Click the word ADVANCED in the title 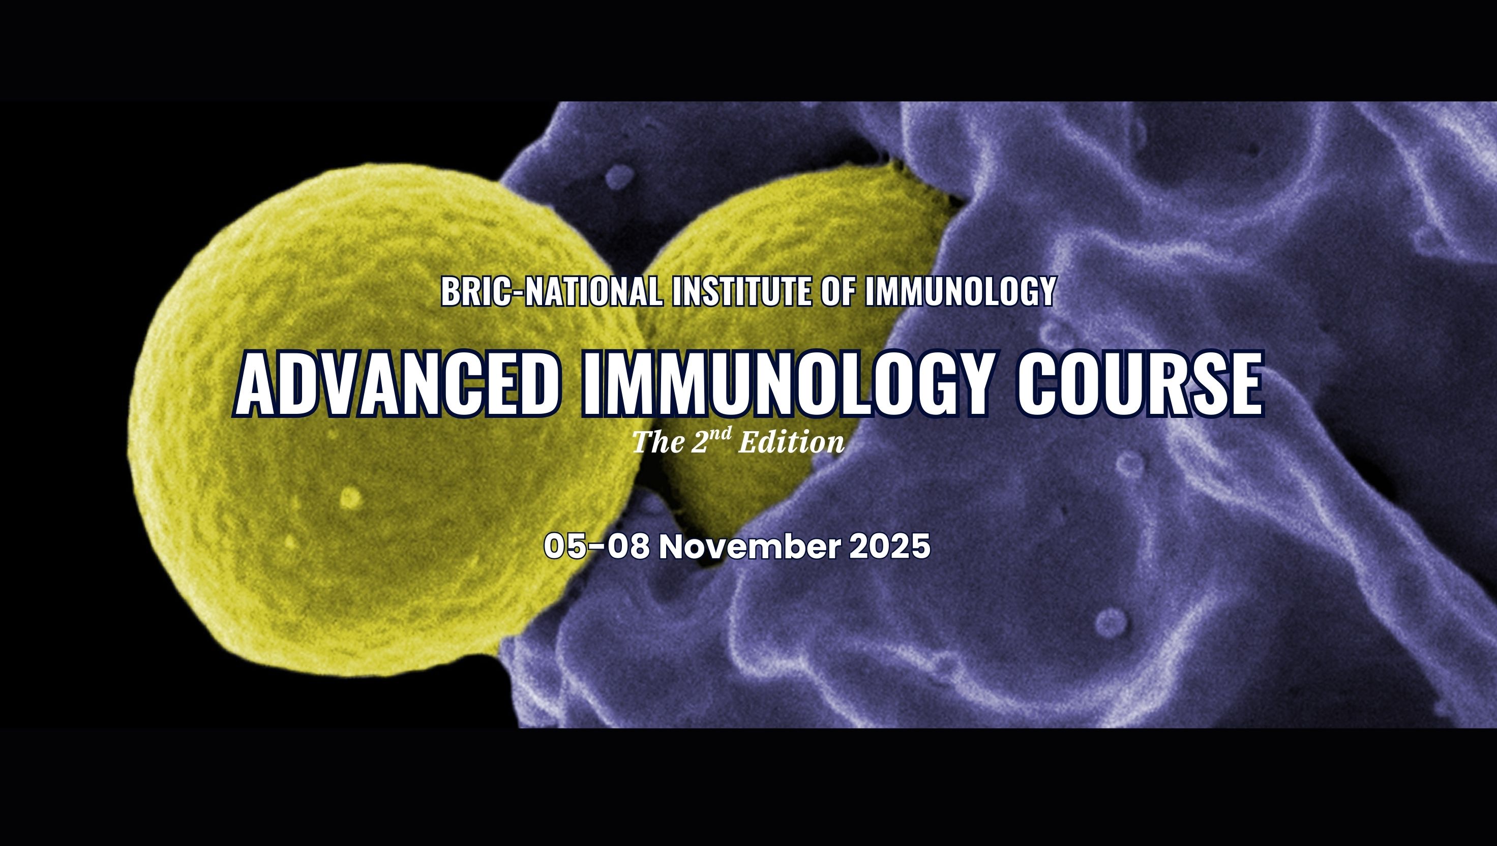pyautogui.click(x=399, y=384)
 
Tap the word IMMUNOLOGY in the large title pyautogui.click(x=785, y=384)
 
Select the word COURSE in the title pyautogui.click(x=1139, y=384)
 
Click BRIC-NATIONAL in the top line pyautogui.click(x=551, y=291)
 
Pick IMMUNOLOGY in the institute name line pyautogui.click(x=960, y=291)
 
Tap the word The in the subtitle pyautogui.click(x=658, y=443)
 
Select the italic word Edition pyautogui.click(x=792, y=443)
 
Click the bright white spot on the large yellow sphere pyautogui.click(x=350, y=498)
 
